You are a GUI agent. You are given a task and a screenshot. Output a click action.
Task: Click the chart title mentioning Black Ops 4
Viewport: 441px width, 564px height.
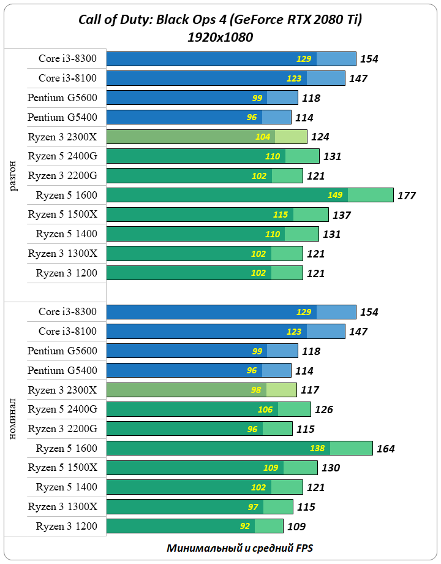pos(221,20)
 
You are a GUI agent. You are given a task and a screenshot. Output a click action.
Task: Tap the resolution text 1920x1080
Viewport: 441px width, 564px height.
pos(221,37)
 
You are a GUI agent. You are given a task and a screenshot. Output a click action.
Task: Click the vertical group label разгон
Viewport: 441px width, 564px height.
pos(14,175)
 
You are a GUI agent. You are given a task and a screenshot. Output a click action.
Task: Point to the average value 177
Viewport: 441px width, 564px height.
pos(406,196)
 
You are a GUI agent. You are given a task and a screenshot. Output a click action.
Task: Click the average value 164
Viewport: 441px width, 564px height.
pos(386,449)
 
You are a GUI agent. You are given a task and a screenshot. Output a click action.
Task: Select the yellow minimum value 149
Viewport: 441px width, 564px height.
pos(334,196)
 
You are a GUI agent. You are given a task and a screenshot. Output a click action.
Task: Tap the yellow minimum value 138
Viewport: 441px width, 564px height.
pos(317,449)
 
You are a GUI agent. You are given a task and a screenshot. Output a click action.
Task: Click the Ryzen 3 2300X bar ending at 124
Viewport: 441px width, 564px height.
pos(206,137)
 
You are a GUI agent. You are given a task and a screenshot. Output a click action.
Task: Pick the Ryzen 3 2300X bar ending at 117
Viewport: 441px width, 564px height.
pos(202,390)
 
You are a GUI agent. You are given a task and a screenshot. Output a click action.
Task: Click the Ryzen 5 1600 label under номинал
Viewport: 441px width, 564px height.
pos(66,449)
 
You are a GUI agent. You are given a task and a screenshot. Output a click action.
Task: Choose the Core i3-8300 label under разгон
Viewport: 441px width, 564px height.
pos(67,59)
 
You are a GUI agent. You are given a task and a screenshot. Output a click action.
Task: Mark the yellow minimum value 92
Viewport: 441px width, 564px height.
pos(245,526)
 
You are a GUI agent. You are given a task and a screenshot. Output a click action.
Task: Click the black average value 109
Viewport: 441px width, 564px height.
pos(296,526)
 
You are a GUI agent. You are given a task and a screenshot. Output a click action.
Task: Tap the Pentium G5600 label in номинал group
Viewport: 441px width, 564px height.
pos(62,351)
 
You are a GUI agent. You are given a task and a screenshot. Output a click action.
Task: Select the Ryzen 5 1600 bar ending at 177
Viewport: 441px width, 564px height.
pos(250,196)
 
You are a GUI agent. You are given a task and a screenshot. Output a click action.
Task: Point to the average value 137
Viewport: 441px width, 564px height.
pos(342,215)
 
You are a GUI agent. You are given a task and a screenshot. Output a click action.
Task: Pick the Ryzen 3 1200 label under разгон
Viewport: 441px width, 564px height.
pos(66,273)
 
